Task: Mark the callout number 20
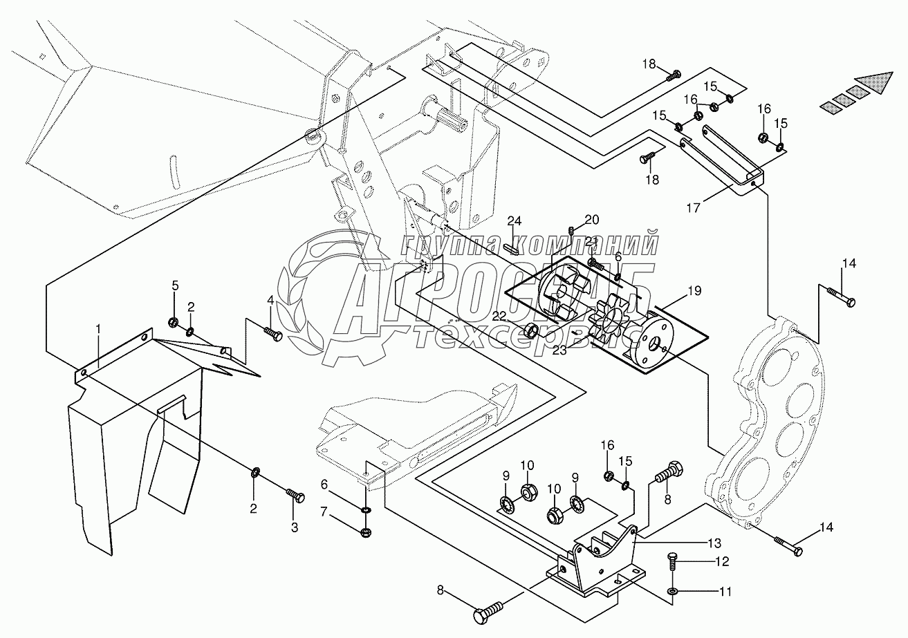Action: tap(592, 220)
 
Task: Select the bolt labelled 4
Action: tap(274, 334)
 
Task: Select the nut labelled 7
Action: tap(366, 532)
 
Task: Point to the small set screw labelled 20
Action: tap(572, 230)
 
